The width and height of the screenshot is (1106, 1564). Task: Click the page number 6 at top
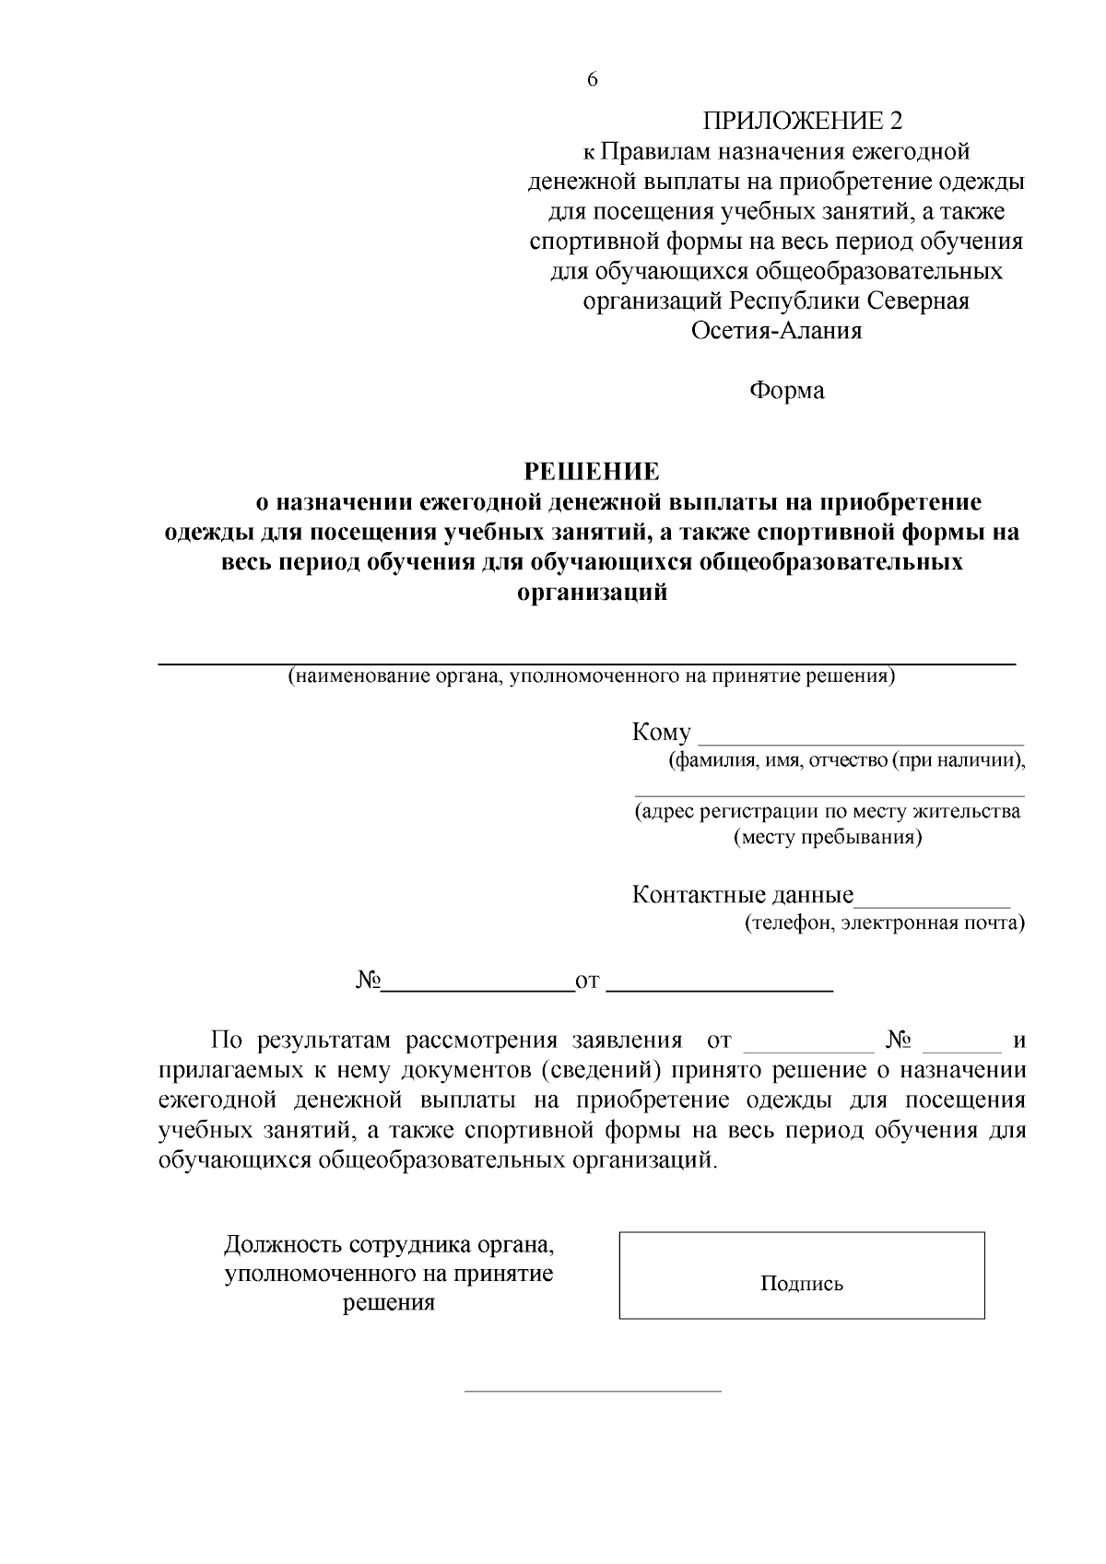592,80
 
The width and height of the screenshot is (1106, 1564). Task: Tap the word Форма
786,391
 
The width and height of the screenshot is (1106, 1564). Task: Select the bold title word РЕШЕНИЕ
592,472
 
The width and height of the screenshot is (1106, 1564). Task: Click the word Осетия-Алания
776,331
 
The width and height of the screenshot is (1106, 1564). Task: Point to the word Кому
661,733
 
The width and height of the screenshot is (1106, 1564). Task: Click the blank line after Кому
862,740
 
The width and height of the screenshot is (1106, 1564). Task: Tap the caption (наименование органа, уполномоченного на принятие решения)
591,677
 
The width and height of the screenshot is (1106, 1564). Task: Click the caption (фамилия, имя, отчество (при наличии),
847,761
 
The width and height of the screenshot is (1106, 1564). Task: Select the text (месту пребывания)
828,838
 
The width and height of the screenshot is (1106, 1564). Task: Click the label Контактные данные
743,895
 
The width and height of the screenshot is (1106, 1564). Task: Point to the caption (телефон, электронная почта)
884,923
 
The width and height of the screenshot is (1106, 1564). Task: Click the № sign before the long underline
368,981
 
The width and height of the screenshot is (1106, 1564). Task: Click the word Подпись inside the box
801,1284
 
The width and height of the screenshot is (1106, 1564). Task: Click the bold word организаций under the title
593,593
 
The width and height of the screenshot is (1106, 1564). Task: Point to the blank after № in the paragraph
961,1049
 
